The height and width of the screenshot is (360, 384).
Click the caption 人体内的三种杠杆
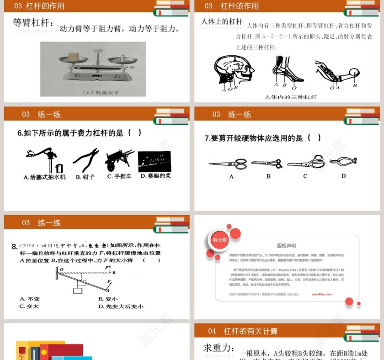coord(290,97)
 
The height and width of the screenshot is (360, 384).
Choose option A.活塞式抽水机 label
coord(44,177)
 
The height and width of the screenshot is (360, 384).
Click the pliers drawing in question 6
coord(85,160)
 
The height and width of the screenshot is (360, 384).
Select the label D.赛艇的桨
coord(155,176)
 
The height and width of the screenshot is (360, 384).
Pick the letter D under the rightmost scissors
coord(343,176)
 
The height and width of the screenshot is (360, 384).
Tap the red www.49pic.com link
coord(322,294)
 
